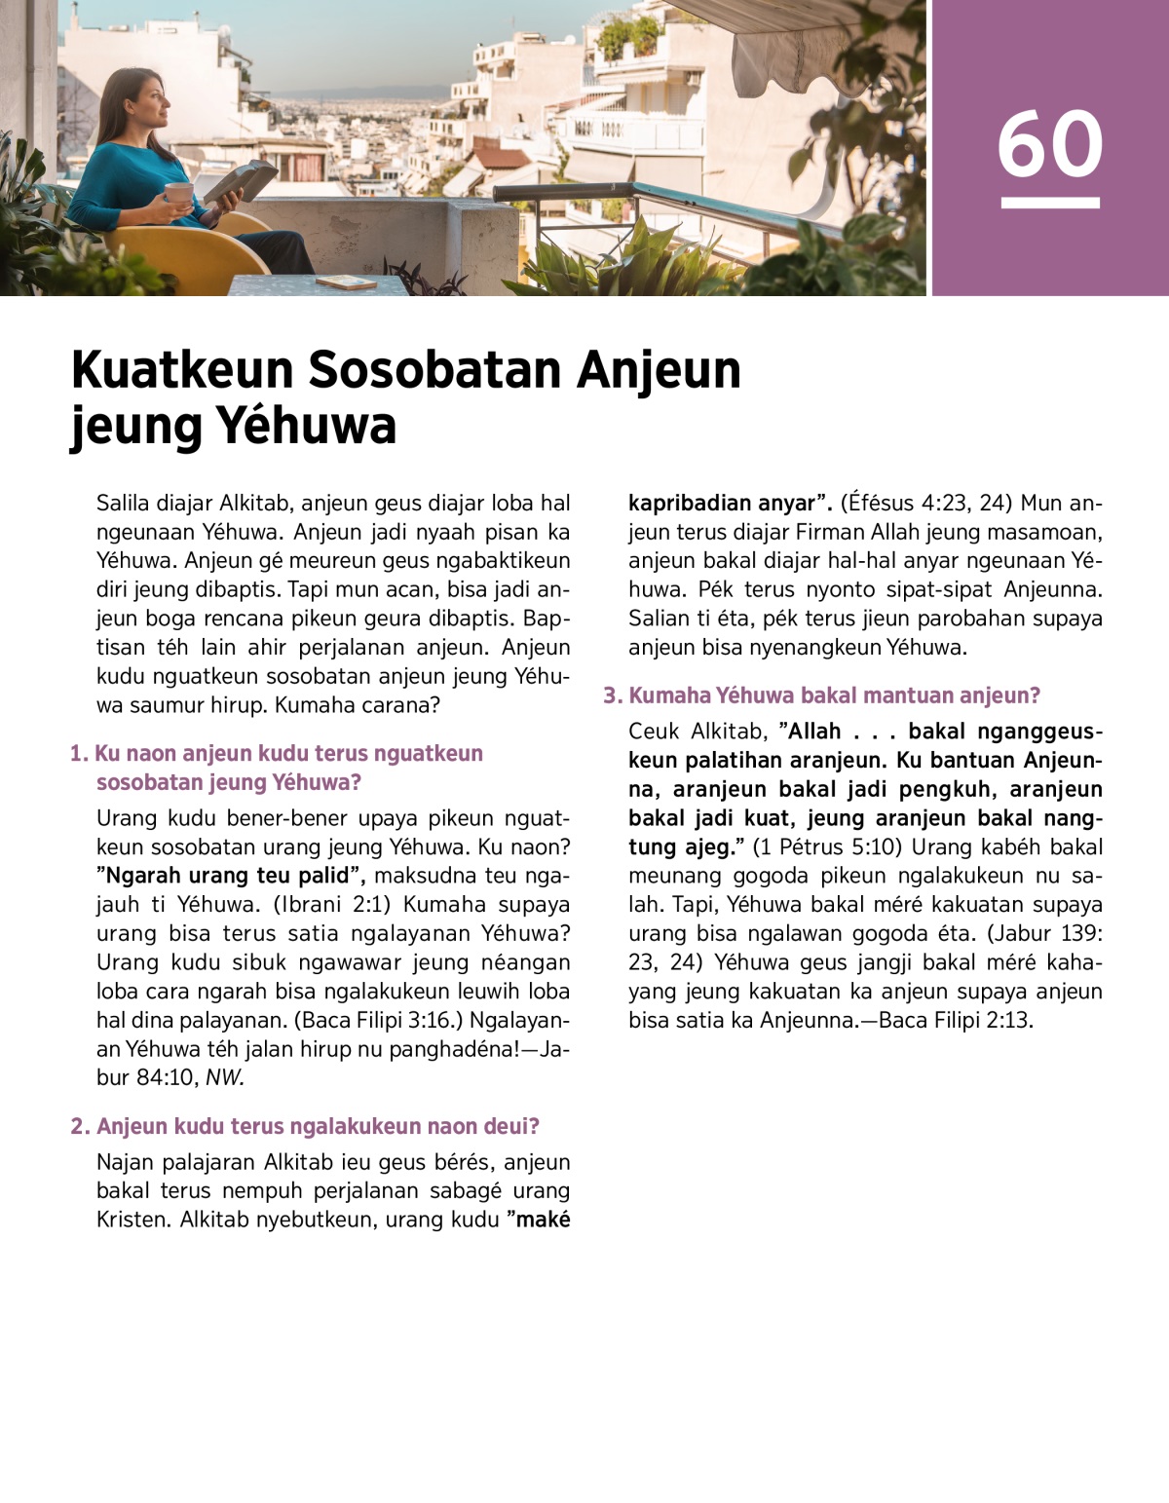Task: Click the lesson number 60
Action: (x=1049, y=144)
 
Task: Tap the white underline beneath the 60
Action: (x=1049, y=203)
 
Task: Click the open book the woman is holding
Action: (x=237, y=181)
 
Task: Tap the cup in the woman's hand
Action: (x=178, y=194)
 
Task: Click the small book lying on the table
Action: (x=346, y=282)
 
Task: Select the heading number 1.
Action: (x=78, y=754)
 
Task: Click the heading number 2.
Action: (x=79, y=1127)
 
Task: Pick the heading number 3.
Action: (x=612, y=695)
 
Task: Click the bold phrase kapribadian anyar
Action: (x=723, y=504)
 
